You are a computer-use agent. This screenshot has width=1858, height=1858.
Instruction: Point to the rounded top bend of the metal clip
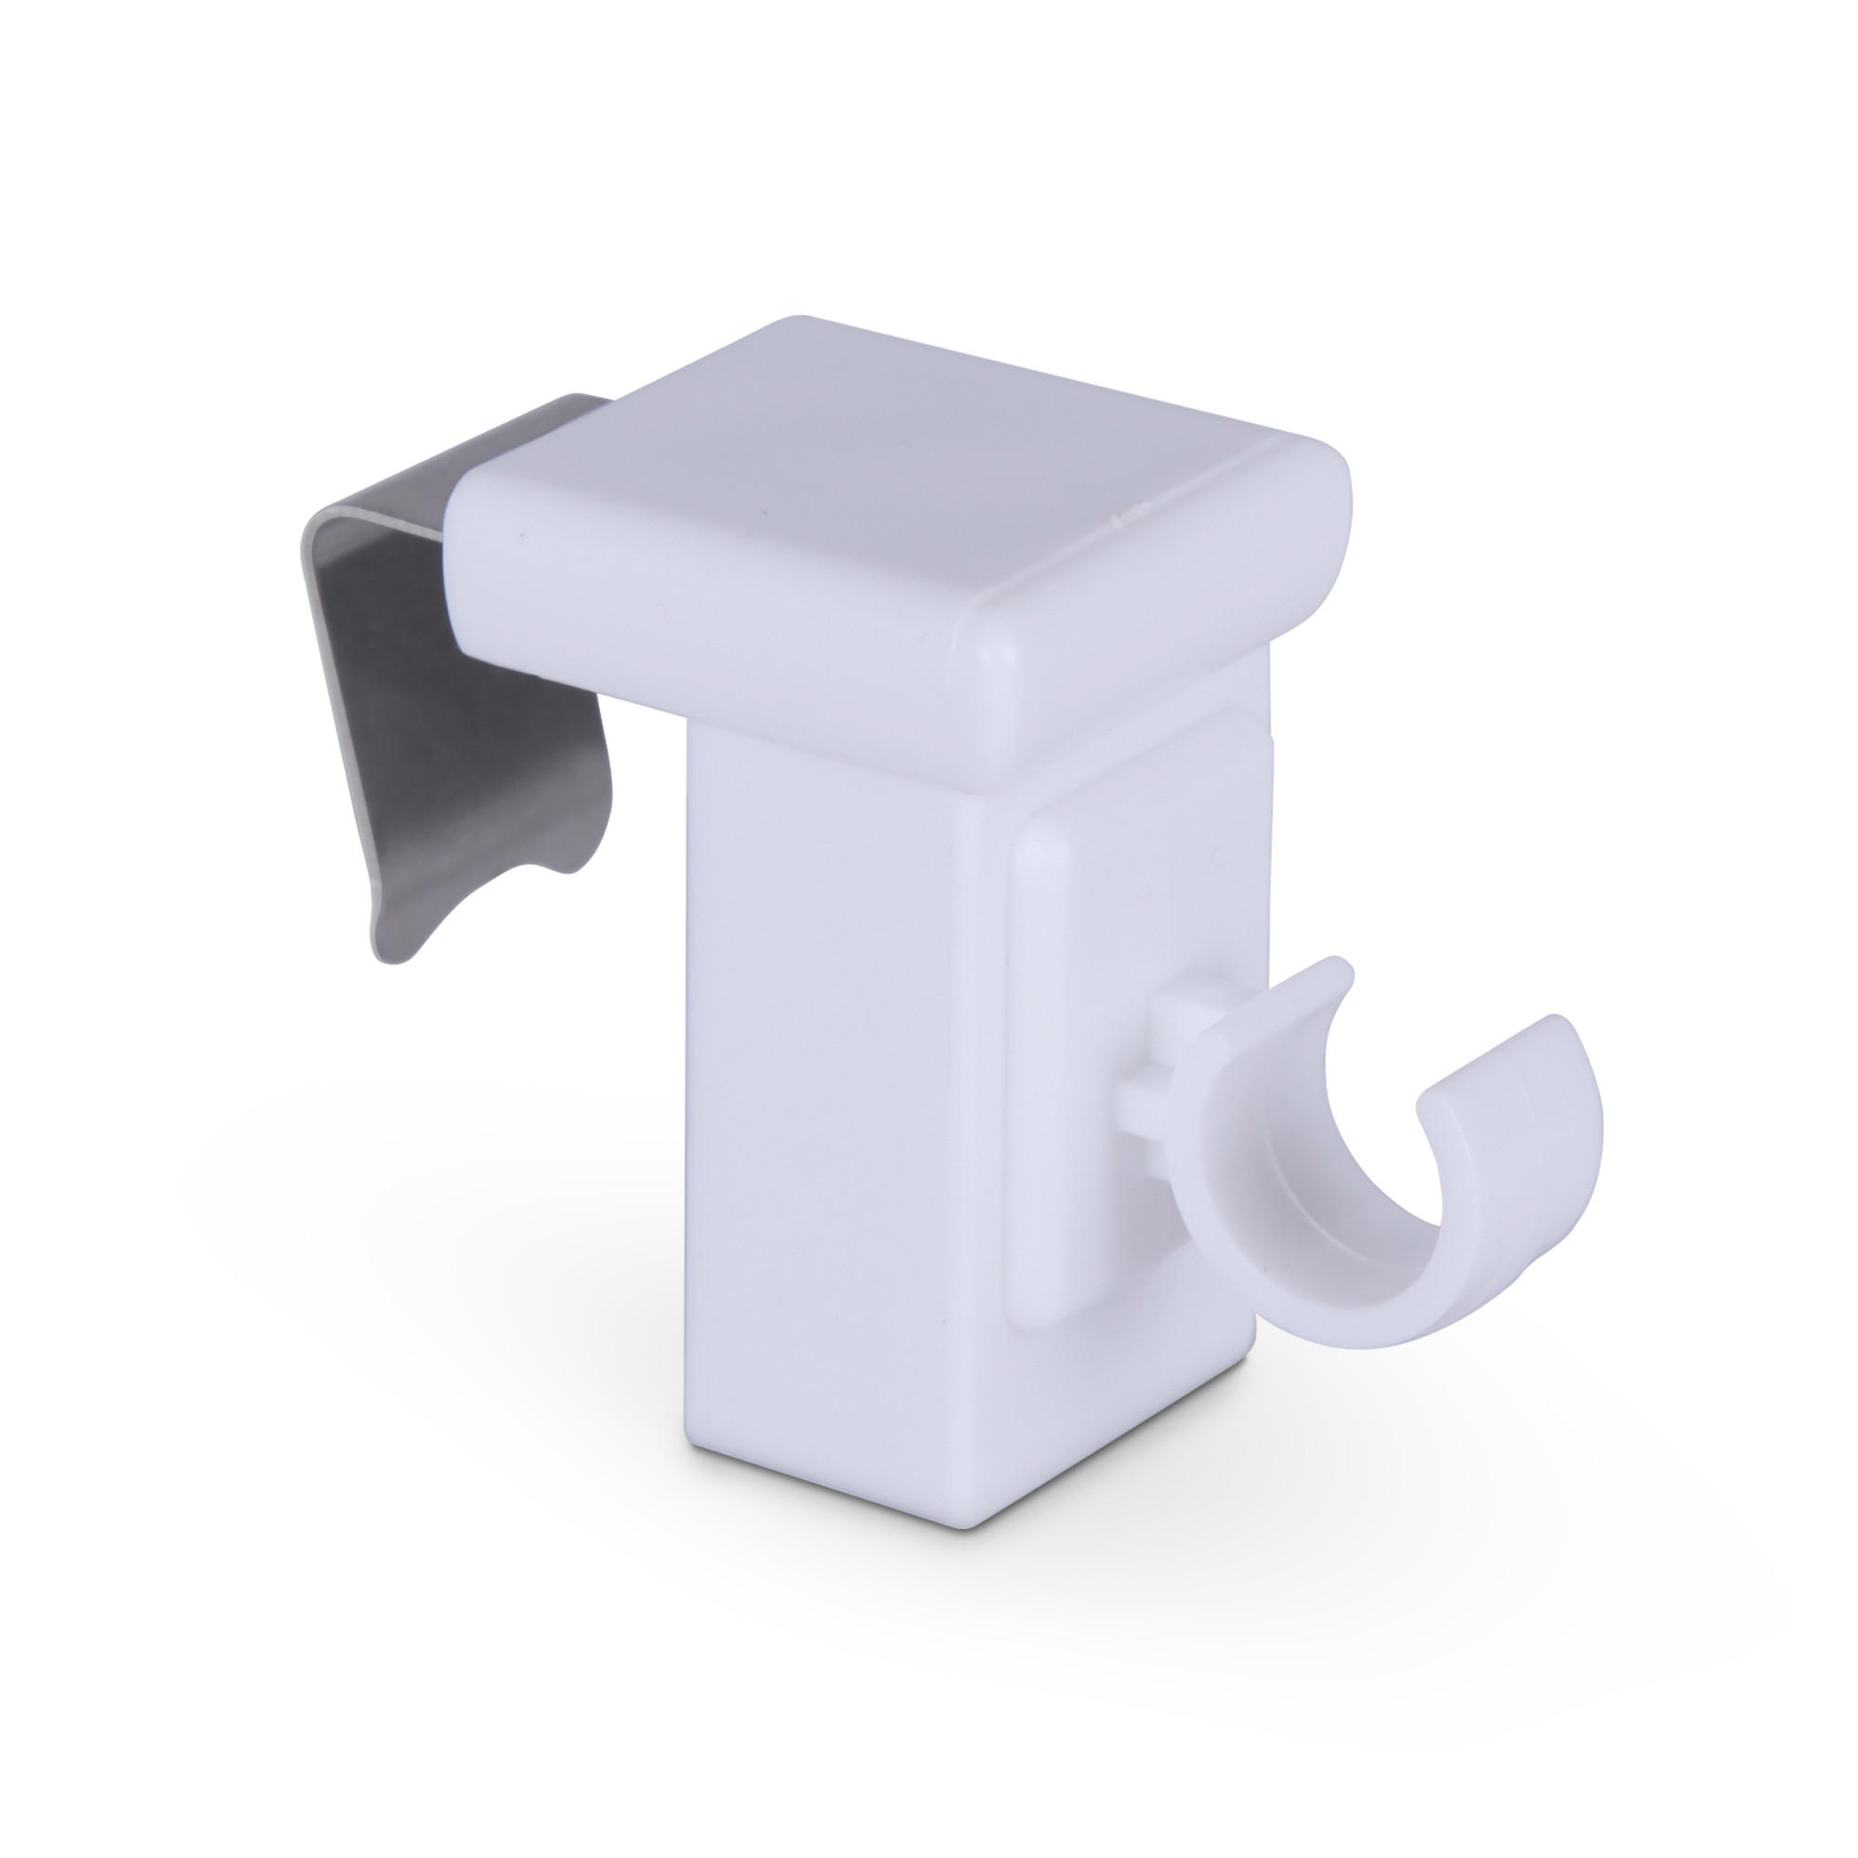click(336, 539)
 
